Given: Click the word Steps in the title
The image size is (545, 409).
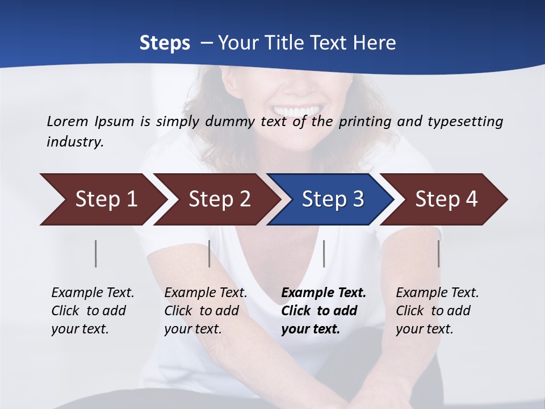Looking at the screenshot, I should tap(165, 43).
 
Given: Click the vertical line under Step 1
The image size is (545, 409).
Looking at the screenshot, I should tap(96, 253).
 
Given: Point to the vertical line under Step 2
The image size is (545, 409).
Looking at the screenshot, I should tap(209, 253).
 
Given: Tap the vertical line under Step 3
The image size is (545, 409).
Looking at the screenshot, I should tap(324, 253).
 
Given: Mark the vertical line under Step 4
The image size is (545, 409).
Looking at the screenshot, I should tap(438, 253).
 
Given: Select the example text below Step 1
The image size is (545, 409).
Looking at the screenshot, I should tap(93, 311).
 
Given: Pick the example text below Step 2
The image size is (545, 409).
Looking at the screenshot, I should tap(206, 311).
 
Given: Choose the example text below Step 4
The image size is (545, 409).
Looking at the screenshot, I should tap(437, 311).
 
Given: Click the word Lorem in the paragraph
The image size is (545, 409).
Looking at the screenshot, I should tap(68, 121).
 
